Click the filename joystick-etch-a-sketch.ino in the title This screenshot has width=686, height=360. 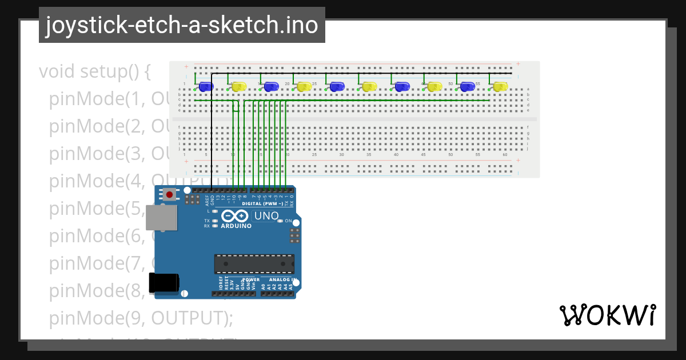point(182,25)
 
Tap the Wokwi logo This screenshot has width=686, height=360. point(607,315)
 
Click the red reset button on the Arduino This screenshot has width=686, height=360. point(169,195)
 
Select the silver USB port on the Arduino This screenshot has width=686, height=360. point(161,218)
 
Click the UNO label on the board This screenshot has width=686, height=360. point(266,216)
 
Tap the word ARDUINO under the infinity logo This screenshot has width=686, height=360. point(236,226)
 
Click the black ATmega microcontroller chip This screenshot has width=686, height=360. point(254,264)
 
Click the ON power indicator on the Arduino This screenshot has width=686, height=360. point(288,221)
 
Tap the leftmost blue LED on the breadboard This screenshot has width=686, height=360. point(206,87)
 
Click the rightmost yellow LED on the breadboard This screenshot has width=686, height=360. point(500,87)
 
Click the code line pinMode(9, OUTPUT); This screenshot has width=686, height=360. point(141,317)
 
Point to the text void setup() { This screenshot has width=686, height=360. point(95,72)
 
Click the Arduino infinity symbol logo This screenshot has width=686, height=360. point(235,216)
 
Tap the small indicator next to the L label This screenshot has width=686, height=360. point(215,211)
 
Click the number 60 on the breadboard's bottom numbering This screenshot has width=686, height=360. point(505,155)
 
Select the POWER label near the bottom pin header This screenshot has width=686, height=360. point(252,280)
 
